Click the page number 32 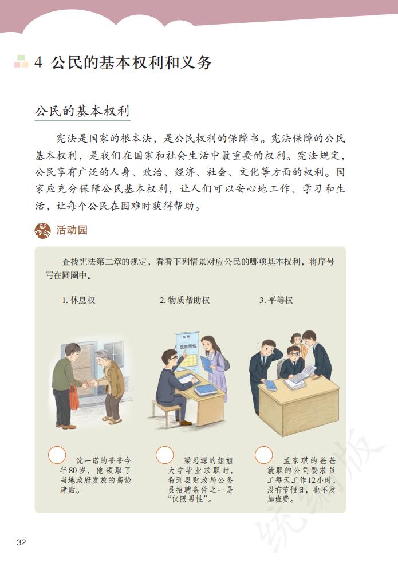[x=21, y=542]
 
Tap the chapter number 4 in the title [x=38, y=62]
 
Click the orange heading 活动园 [x=72, y=231]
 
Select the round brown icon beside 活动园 [x=42, y=231]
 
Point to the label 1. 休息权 [x=78, y=300]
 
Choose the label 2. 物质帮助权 [x=184, y=300]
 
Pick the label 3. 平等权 [x=276, y=300]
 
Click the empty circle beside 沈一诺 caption [x=57, y=455]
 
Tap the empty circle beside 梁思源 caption [x=164, y=455]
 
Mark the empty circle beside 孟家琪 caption [x=263, y=455]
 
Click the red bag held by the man [x=74, y=397]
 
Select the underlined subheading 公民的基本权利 [x=82, y=111]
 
